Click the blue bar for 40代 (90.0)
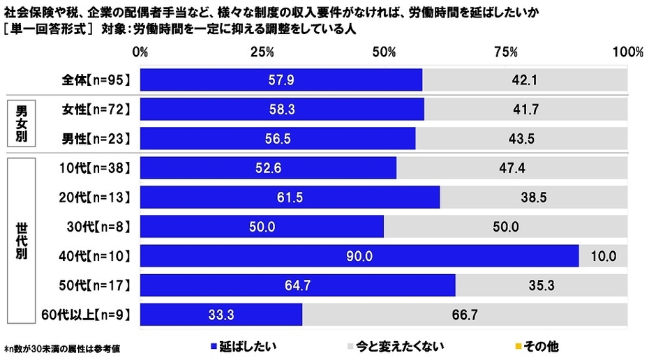(359, 256)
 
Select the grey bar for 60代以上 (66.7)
(465, 315)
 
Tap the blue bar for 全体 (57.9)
(281, 80)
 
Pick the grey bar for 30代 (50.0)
(506, 227)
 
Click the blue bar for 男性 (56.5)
(278, 139)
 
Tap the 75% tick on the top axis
(506, 52)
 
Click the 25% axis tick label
(262, 52)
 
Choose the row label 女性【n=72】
(93, 110)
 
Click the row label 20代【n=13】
(93, 197)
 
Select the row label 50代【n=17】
(93, 285)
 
